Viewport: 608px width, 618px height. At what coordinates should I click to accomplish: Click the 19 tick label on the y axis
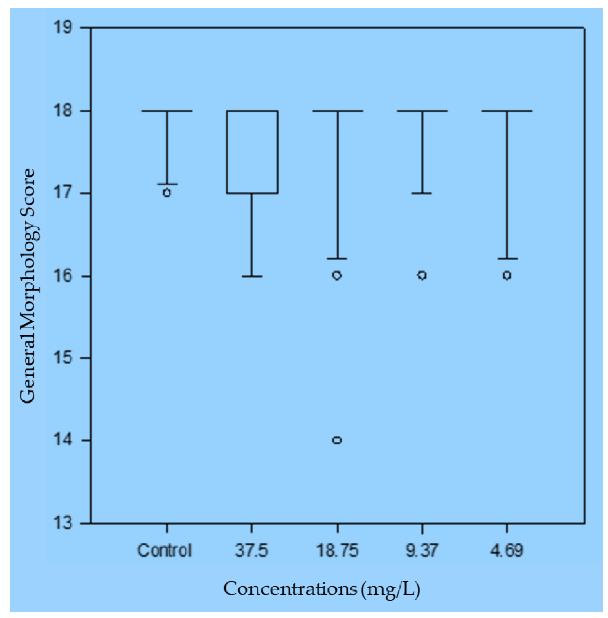click(63, 28)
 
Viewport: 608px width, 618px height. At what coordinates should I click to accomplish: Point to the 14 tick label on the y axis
click(63, 440)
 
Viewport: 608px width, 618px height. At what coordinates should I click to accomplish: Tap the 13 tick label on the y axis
click(63, 523)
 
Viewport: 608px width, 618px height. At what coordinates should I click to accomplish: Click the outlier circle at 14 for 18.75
click(337, 440)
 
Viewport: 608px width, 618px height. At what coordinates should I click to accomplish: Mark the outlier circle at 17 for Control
click(167, 193)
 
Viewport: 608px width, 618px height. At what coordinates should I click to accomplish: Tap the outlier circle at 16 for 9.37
click(422, 275)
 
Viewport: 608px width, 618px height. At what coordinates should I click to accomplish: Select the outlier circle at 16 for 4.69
click(507, 275)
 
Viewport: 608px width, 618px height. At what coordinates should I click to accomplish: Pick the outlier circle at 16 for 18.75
click(337, 275)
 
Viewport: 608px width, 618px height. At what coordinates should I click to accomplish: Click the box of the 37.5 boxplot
click(252, 152)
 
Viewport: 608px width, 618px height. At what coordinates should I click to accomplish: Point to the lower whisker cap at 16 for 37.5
click(252, 276)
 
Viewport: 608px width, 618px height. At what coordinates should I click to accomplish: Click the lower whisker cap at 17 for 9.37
click(422, 193)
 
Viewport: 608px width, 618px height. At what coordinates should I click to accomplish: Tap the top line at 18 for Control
click(167, 111)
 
